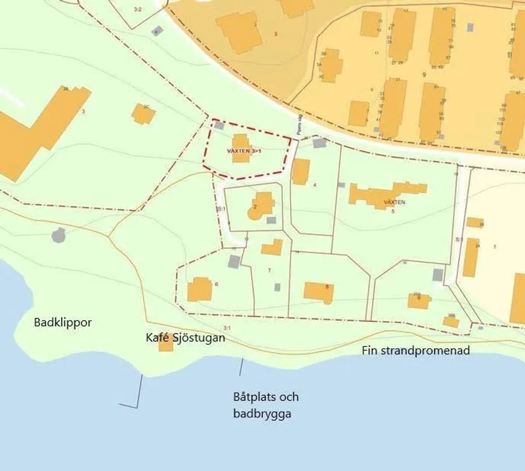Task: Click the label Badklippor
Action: (x=62, y=322)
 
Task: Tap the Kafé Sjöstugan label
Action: (x=185, y=338)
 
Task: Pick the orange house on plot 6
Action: (x=199, y=289)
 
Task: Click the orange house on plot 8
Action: (x=318, y=292)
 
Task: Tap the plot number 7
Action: (x=269, y=271)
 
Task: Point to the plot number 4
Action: (x=314, y=186)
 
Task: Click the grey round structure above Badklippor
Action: (x=59, y=235)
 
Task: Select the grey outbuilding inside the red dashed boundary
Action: (x=220, y=126)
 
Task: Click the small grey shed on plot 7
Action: (x=277, y=287)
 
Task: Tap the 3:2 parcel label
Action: (x=137, y=10)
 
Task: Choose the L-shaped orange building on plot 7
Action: (x=272, y=247)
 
